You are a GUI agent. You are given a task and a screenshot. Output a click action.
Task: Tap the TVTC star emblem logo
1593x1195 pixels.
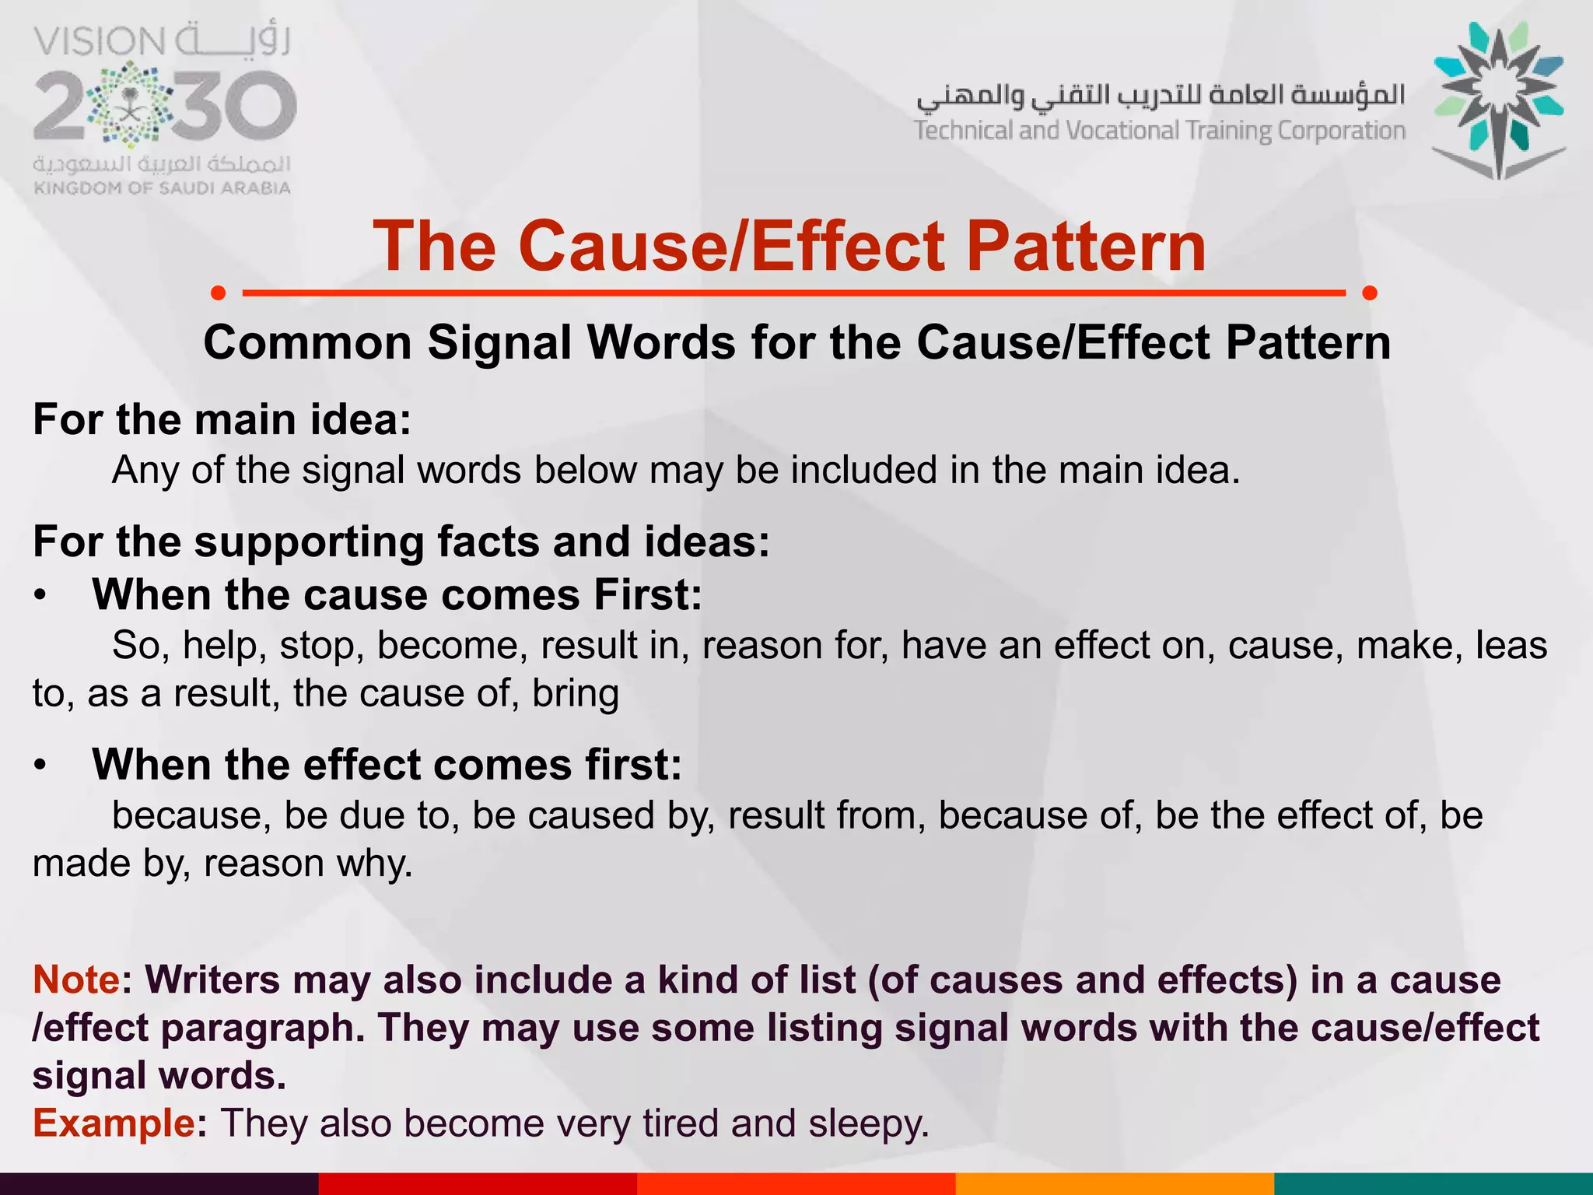point(1498,100)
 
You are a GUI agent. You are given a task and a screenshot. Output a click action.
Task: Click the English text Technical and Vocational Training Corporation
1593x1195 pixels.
point(1159,131)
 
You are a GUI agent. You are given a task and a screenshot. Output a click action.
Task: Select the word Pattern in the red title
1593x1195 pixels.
point(1086,246)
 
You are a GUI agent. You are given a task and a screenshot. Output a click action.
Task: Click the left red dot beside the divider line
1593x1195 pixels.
point(219,293)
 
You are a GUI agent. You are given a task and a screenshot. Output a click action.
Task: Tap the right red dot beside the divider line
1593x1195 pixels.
point(1370,293)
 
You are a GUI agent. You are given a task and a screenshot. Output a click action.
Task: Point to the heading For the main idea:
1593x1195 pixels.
point(222,419)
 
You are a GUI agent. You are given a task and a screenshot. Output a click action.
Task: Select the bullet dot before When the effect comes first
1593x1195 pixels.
point(40,766)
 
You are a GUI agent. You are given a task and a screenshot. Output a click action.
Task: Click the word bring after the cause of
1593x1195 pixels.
point(575,694)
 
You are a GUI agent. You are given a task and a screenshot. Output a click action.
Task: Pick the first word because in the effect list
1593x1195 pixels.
point(191,815)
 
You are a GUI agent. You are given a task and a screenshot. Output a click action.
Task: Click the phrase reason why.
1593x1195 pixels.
point(308,864)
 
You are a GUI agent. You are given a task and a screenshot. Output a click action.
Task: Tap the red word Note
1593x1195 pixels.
point(76,979)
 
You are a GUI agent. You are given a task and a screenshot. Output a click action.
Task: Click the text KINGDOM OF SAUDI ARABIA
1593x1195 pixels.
point(163,187)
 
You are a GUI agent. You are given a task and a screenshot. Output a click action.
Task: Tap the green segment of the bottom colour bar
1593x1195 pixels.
point(1433,1183)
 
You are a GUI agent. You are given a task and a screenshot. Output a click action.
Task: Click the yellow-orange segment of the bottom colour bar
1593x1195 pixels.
point(1114,1183)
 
